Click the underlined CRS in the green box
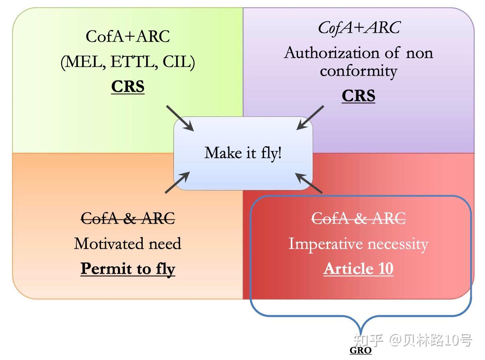(x=128, y=87)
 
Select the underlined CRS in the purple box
(x=358, y=96)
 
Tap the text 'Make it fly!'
(x=243, y=153)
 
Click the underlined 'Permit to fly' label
(x=128, y=269)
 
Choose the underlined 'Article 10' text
(x=358, y=269)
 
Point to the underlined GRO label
(x=360, y=350)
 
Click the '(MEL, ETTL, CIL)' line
(x=128, y=62)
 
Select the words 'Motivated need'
(x=128, y=243)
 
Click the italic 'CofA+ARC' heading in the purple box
(x=359, y=28)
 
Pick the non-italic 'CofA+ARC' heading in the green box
(x=128, y=37)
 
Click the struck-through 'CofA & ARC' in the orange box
(x=128, y=218)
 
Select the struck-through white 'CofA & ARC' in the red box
(x=358, y=218)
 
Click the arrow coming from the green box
(x=180, y=118)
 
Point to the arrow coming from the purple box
(x=310, y=118)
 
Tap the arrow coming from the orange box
(x=177, y=182)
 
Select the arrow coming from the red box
(x=309, y=183)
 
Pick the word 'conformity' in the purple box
(x=358, y=72)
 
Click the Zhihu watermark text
(x=413, y=341)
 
